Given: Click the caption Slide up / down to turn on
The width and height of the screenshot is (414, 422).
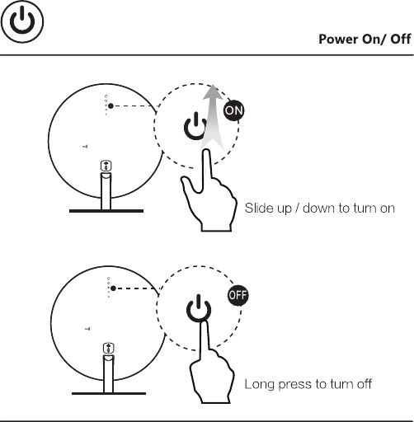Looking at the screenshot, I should (x=319, y=207).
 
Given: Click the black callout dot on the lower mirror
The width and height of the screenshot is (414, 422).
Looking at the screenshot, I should (x=112, y=288).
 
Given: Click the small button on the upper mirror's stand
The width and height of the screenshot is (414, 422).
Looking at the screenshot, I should (x=106, y=166).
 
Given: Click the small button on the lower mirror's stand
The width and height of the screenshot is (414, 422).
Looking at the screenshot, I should (x=106, y=348).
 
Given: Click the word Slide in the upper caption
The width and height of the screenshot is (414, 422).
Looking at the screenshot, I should (x=258, y=207).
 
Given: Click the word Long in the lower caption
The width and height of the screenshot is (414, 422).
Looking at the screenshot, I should (x=258, y=385).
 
